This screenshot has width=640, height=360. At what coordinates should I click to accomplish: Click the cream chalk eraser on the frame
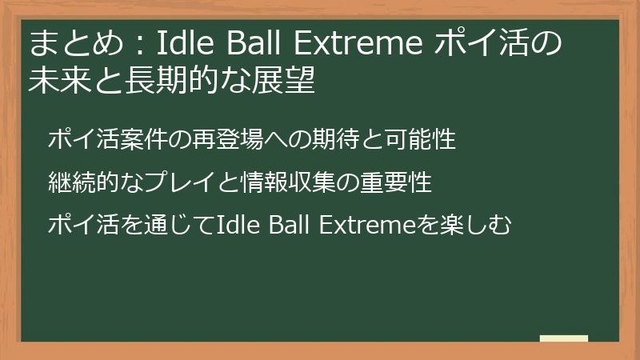click(x=563, y=338)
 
